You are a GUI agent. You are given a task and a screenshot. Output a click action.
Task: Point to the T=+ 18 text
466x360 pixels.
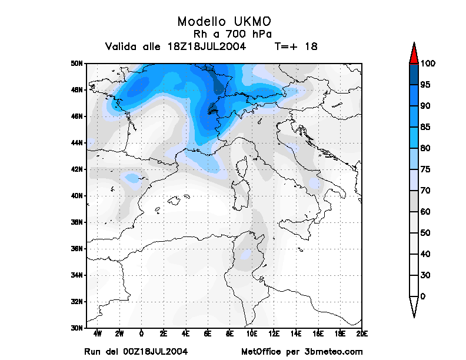296,46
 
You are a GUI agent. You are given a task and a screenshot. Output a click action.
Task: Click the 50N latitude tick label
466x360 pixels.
77,64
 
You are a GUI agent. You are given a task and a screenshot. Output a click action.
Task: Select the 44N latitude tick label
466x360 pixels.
77,143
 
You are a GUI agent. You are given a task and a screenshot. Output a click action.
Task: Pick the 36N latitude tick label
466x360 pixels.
77,249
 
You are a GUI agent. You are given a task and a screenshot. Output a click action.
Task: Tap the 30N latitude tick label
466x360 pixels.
77,328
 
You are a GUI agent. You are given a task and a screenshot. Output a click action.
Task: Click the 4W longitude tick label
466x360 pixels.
98,334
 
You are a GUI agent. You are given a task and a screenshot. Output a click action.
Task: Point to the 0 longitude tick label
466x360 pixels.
142,334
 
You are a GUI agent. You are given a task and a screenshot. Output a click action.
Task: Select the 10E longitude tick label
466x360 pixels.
252,334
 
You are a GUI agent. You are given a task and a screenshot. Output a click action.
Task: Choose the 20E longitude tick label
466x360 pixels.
362,334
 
